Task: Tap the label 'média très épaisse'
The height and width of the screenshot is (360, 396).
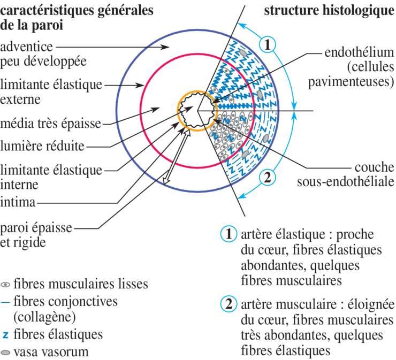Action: [x=50, y=124]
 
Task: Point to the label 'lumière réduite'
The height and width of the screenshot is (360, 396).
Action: [x=42, y=146]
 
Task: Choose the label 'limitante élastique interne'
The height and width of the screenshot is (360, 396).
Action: [x=51, y=177]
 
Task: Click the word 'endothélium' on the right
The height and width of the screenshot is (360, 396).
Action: [x=359, y=53]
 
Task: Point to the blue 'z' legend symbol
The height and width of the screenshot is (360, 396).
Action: [x=5, y=335]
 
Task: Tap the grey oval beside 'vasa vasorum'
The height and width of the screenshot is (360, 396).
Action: [x=6, y=353]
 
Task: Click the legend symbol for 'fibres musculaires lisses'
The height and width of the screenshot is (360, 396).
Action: [x=6, y=284]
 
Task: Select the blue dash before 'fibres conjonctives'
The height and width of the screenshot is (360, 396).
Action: [x=5, y=302]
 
